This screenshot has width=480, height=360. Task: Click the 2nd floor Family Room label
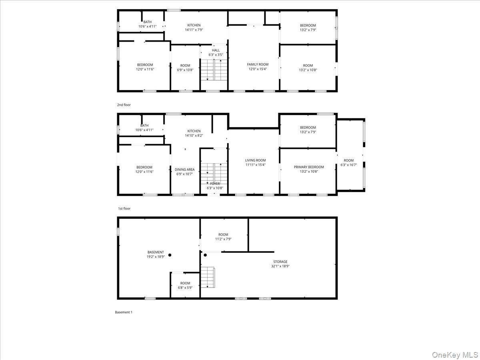257,64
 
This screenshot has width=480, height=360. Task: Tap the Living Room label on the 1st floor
255,160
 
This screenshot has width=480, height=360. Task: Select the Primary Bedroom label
309,167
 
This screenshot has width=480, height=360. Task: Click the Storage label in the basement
280,262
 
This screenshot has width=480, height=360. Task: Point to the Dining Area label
184,170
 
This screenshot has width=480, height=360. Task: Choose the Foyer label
215,184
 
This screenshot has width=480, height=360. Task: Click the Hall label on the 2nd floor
216,50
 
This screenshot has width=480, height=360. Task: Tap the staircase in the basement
208,277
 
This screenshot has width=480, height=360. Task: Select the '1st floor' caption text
124,208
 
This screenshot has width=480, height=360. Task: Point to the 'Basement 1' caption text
124,312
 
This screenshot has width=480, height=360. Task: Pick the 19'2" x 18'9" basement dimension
156,257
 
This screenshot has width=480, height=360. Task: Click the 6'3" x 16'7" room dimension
348,165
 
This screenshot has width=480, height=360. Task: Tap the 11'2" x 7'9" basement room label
223,239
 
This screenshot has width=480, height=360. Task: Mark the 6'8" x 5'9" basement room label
185,288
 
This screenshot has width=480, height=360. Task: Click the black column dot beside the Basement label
170,255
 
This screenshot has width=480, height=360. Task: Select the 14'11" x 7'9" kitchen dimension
194,30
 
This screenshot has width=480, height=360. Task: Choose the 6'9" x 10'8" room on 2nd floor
185,70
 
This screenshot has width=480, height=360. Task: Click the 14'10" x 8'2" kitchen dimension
194,136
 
